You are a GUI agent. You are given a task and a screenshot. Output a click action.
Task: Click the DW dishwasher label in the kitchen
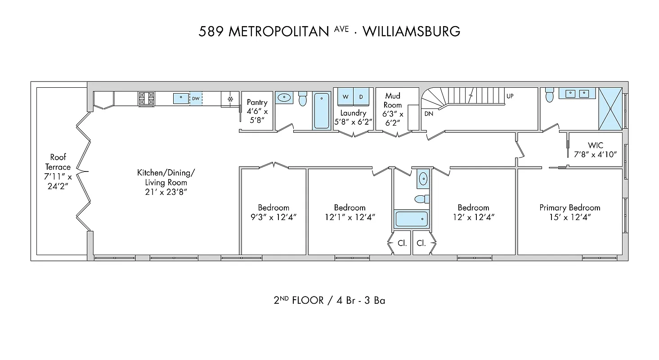click(196, 99)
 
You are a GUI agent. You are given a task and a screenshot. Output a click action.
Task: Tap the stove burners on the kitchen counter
click(146, 99)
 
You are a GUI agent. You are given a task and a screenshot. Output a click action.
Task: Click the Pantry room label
click(257, 103)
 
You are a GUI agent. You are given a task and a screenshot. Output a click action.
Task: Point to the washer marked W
click(345, 97)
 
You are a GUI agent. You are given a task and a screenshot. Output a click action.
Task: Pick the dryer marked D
click(361, 97)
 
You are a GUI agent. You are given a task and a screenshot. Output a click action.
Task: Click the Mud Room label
click(393, 100)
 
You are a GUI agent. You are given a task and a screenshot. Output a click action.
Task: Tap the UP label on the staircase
click(510, 96)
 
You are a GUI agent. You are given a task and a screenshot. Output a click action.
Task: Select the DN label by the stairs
click(428, 114)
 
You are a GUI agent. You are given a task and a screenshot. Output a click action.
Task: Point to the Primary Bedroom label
click(569, 207)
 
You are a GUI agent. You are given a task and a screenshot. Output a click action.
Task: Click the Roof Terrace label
click(58, 162)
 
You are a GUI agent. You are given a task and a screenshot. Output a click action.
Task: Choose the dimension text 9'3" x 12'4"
click(273, 217)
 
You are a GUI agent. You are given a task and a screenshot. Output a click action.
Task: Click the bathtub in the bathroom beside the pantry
click(321, 111)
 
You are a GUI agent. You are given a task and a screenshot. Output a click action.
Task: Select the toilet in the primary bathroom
click(549, 95)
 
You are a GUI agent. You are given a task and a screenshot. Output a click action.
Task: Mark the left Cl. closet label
click(402, 243)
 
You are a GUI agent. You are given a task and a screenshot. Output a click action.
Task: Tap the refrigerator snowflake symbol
click(230, 99)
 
